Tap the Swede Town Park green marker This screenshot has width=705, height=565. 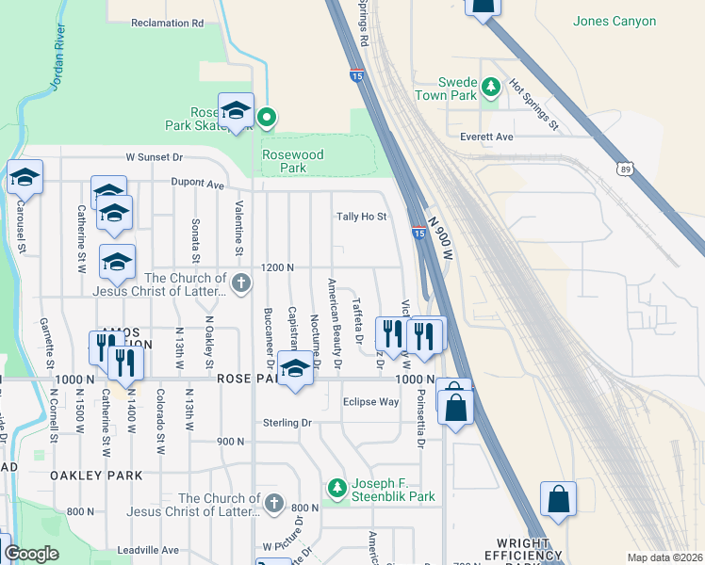coord(490,88)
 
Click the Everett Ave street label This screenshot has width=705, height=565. coord(486,137)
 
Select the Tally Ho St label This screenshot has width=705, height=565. coord(362,217)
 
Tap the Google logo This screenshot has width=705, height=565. coord(31,554)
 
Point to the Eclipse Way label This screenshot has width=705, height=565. coord(370,401)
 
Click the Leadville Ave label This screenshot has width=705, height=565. coord(148,550)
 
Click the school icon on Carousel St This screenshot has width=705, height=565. coord(25,176)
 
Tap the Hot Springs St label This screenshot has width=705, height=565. coord(534,105)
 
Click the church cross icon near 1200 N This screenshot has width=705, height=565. coord(241,282)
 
